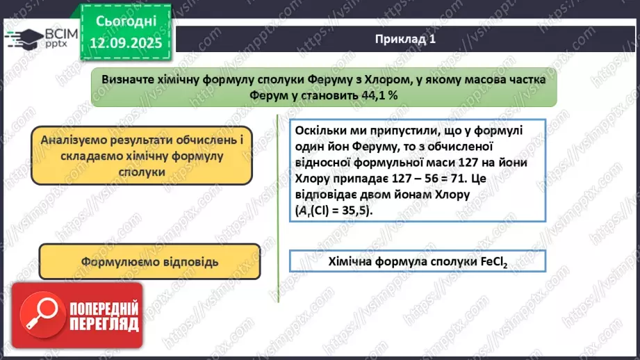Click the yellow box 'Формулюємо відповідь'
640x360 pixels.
[x=149, y=262]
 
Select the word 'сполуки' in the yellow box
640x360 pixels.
[x=141, y=171]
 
